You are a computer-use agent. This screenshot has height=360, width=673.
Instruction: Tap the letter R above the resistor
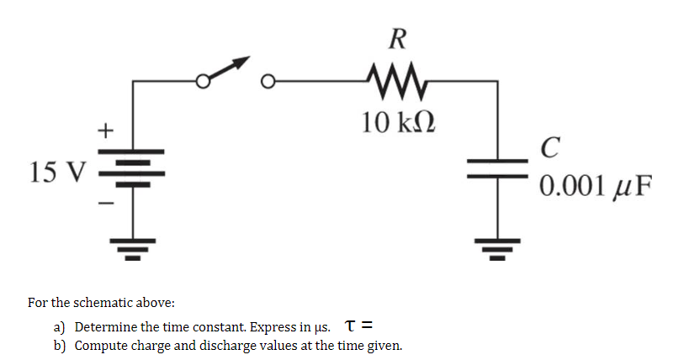tap(398, 38)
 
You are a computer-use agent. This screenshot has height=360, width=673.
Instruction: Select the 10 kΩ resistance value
tap(397, 123)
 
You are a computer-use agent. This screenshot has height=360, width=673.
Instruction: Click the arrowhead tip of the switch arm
tap(249, 60)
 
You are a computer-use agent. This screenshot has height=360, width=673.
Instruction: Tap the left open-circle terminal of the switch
tap(202, 82)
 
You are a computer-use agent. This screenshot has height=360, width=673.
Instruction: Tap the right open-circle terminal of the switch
tap(268, 82)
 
